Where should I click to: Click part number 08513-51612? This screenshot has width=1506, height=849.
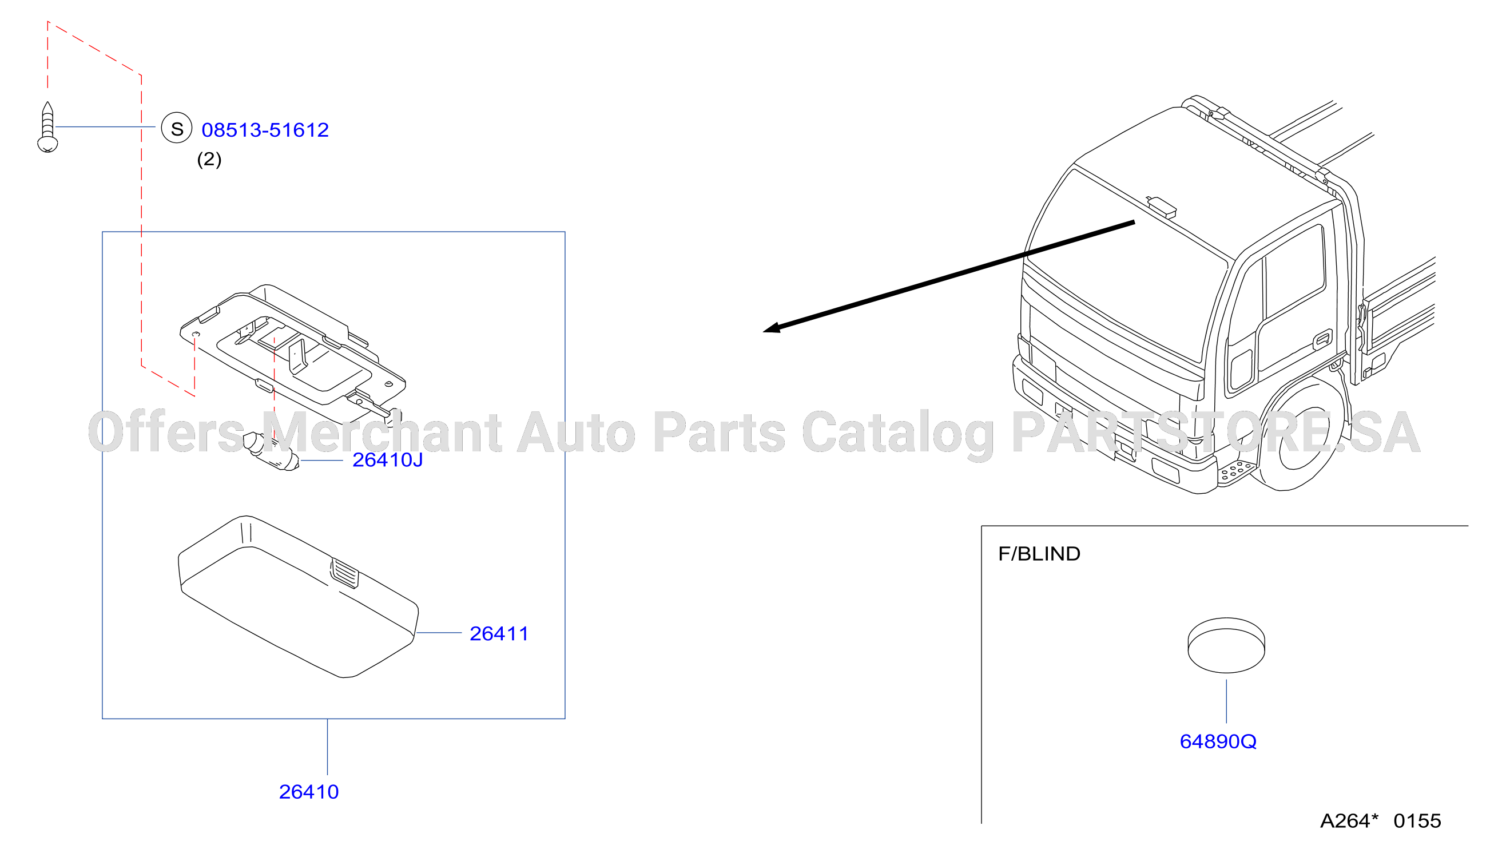(x=265, y=130)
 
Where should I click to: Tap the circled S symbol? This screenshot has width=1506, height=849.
(x=177, y=128)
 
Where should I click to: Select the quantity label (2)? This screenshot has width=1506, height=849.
(x=209, y=159)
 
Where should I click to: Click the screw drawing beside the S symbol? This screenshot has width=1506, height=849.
(x=47, y=127)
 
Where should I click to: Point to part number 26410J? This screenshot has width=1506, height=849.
(x=388, y=460)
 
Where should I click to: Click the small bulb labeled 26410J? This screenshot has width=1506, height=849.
(x=271, y=451)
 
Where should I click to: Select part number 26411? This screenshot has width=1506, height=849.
(x=499, y=634)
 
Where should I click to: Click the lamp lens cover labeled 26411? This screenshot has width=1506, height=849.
(x=298, y=596)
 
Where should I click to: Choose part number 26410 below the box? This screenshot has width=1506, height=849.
(x=309, y=792)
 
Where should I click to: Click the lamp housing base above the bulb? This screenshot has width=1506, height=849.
(x=292, y=351)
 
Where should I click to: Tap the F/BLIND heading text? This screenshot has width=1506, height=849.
(x=1039, y=554)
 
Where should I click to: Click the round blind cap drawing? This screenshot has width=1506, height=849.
(x=1226, y=645)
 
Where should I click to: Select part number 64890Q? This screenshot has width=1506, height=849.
(x=1218, y=741)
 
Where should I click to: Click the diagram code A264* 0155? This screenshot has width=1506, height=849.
(x=1380, y=821)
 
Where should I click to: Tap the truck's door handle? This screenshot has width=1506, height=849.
(x=1322, y=340)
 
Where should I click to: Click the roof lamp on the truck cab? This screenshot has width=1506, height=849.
(x=1161, y=206)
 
